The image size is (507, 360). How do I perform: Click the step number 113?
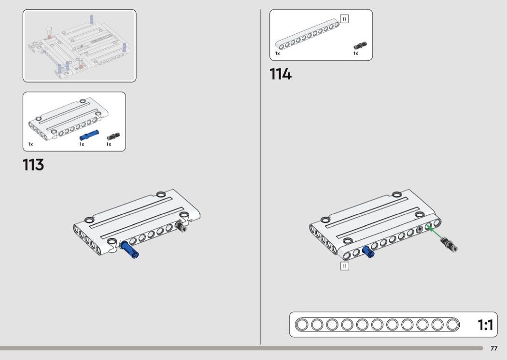33,165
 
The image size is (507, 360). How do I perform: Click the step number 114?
281,74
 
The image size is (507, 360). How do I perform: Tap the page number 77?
494,348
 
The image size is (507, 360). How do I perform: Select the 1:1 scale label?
485,325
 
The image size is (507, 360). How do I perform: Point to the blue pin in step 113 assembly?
129,249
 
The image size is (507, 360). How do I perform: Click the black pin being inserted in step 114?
450,244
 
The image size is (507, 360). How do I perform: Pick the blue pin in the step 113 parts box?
89,135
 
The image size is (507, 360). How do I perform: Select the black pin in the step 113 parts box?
113,137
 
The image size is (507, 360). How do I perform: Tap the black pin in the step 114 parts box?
360,45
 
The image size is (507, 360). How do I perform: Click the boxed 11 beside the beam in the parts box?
344,19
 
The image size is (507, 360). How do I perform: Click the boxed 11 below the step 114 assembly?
345,266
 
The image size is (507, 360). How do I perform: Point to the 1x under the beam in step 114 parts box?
278,53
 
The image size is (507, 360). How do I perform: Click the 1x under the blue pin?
82,144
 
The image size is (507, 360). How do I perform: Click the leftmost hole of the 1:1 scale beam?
302,324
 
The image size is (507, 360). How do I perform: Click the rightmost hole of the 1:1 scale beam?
453,324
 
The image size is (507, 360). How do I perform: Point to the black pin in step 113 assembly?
181,226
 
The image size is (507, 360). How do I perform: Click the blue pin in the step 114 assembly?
368,251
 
